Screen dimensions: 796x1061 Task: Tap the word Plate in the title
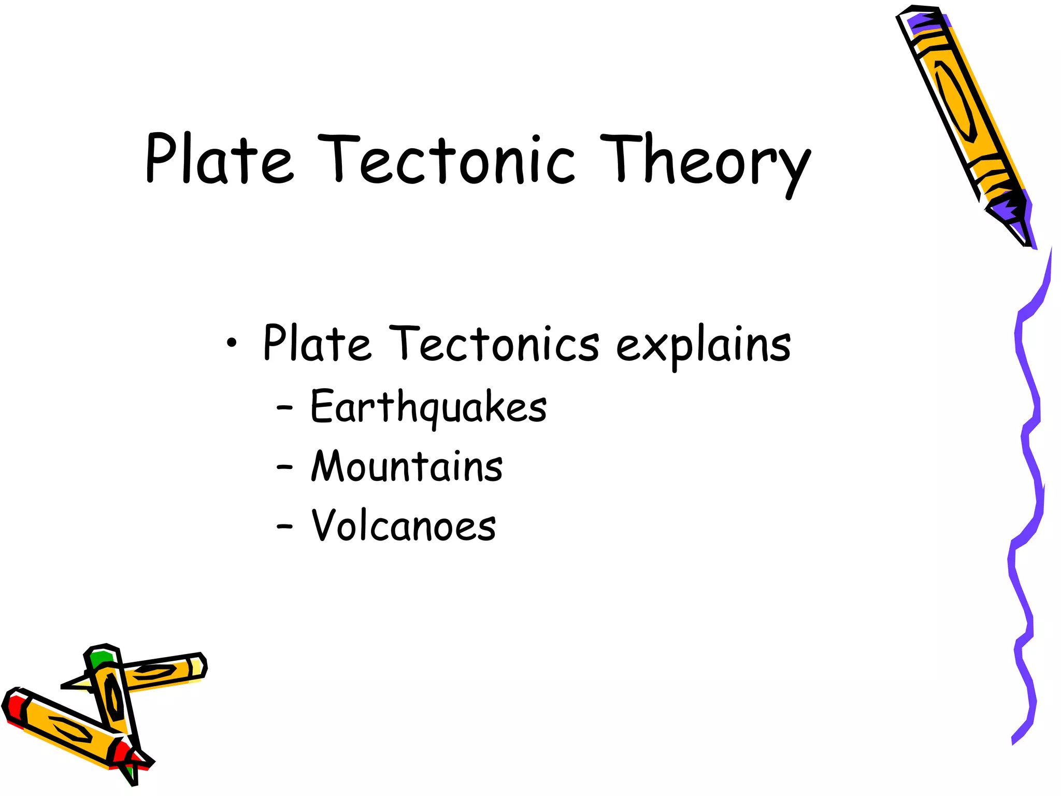tap(220, 160)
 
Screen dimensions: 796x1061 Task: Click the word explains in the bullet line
tap(703, 345)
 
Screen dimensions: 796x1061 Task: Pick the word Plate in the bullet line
tap(317, 343)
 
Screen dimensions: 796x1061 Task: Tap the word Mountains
tap(407, 466)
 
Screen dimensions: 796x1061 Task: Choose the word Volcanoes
tap(404, 526)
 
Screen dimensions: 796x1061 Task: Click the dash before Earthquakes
tap(284, 408)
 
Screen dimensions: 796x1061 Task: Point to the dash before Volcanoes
tap(284, 527)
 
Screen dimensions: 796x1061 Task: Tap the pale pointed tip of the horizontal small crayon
tap(78, 684)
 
